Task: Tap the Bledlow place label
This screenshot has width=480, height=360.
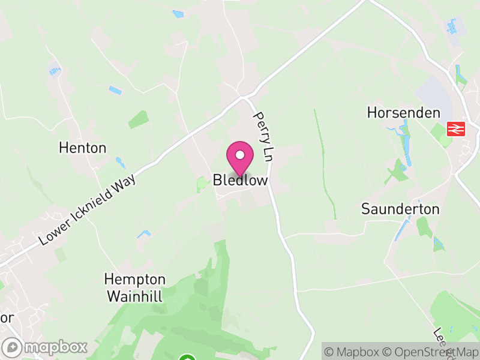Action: [240, 180]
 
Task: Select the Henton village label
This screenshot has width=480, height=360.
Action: [82, 148]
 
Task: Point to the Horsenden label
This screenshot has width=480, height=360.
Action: [403, 113]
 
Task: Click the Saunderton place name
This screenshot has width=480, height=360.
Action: [400, 209]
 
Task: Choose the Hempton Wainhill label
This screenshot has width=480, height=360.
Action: [135, 287]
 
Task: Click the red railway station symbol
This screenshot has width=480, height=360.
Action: [457, 128]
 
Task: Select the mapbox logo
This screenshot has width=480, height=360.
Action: [46, 347]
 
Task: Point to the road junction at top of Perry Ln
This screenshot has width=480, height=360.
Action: [245, 96]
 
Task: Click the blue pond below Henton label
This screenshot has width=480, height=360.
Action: [120, 162]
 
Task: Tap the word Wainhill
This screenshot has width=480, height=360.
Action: [135, 295]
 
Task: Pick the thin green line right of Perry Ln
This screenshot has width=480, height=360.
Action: [325, 162]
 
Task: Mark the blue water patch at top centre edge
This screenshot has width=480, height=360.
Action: [178, 14]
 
